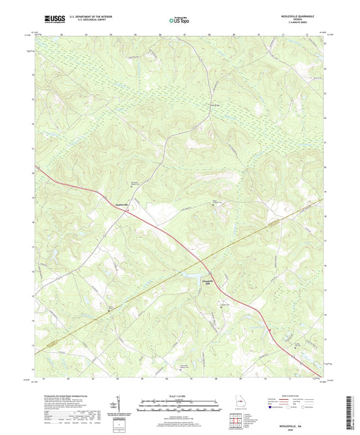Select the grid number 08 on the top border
click(209, 33)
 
